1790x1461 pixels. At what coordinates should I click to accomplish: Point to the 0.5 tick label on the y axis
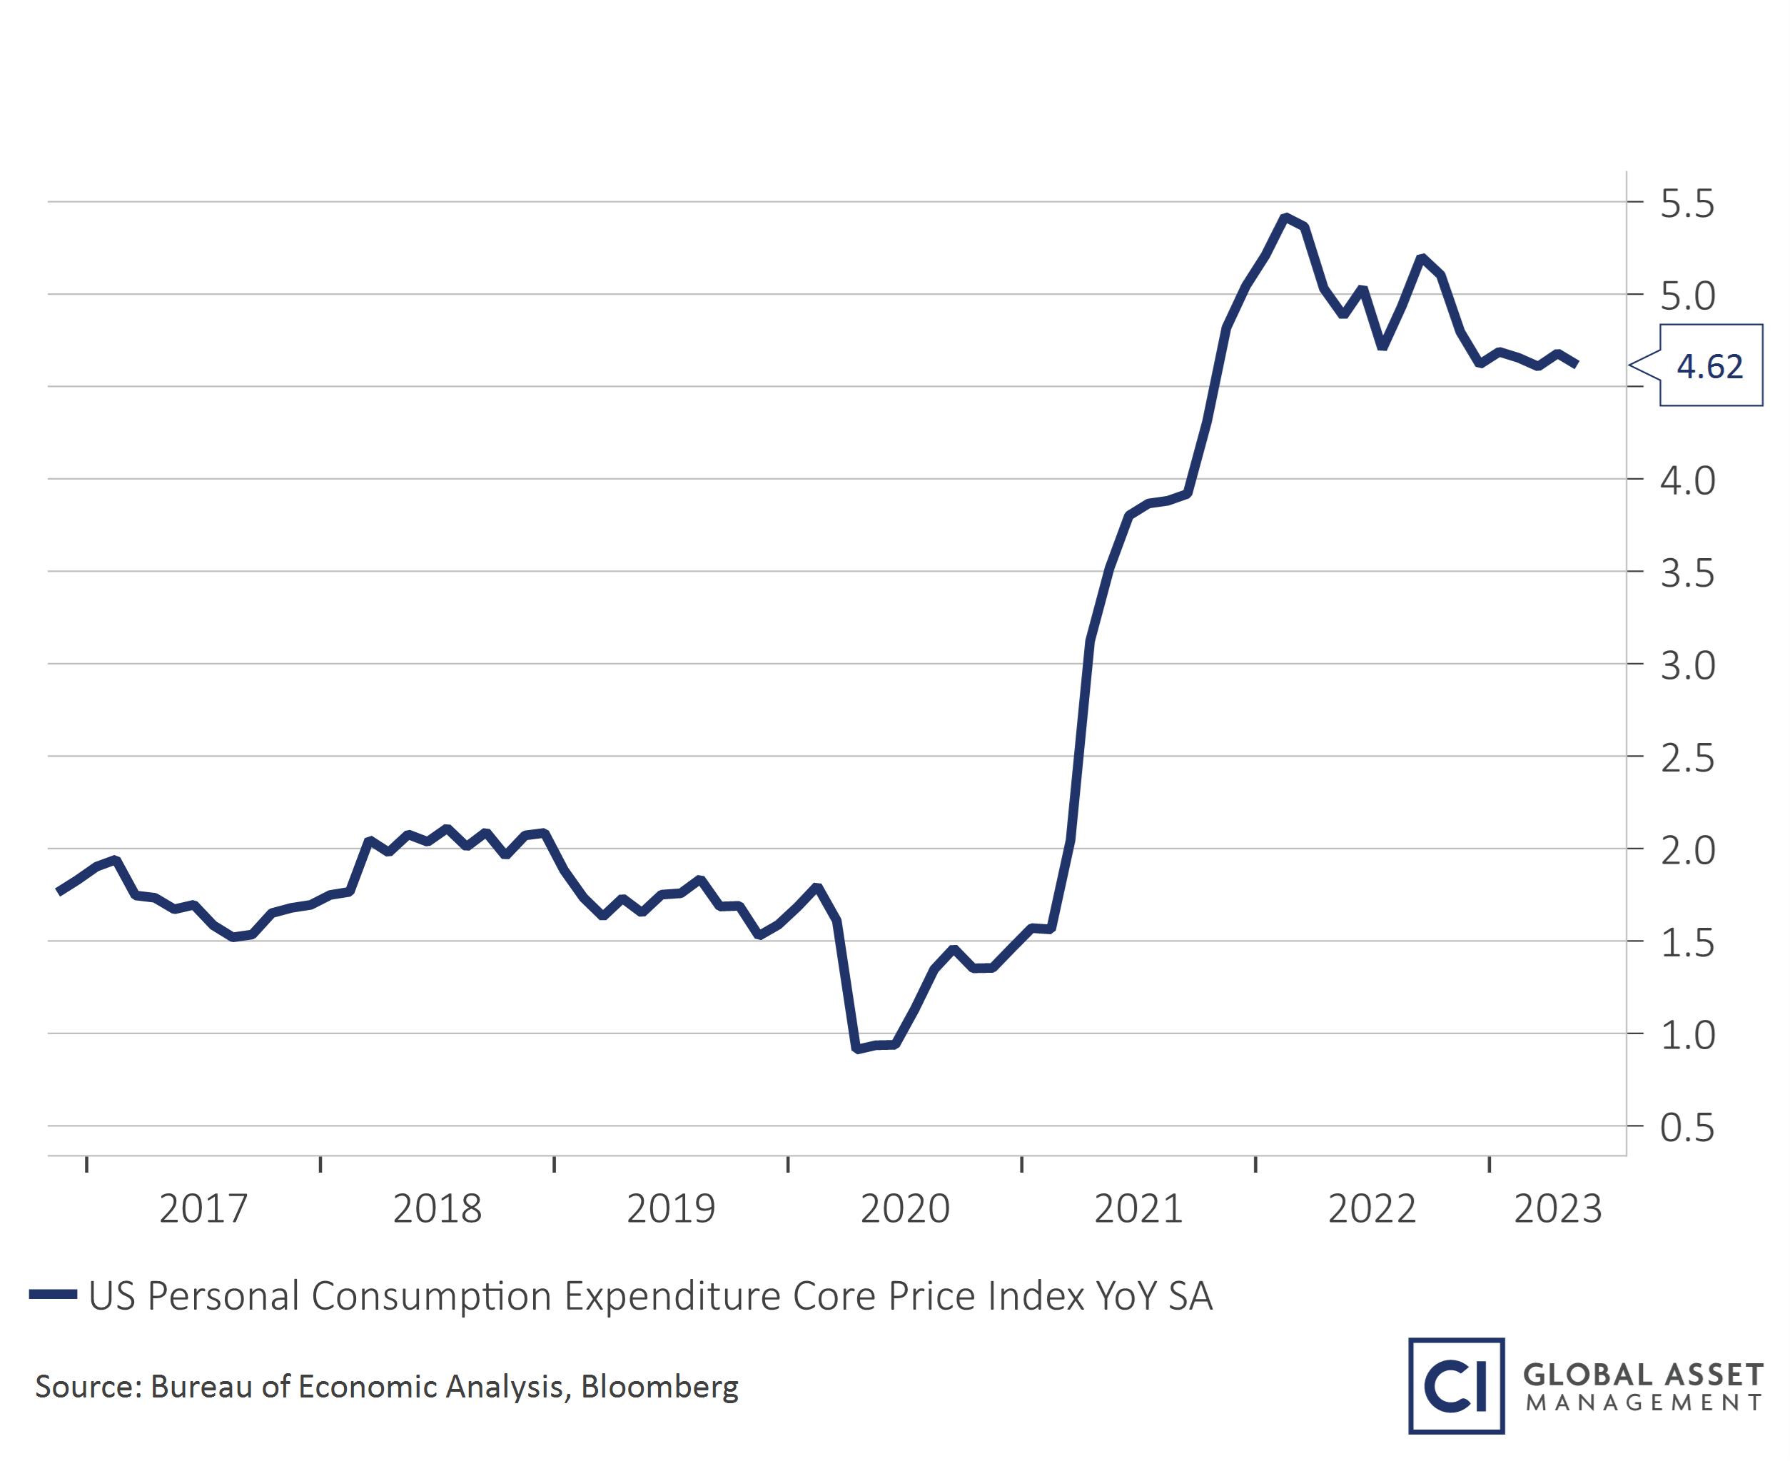1687,1128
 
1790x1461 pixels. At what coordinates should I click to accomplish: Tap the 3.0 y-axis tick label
1687,666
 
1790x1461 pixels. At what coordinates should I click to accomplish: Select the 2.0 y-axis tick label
1687,851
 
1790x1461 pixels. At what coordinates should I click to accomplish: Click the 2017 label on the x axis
203,1209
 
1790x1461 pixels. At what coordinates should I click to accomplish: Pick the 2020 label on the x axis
905,1209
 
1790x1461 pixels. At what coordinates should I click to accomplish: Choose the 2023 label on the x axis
1558,1209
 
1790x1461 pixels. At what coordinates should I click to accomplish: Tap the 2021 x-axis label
1138,1209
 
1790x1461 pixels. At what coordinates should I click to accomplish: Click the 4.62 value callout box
1710,366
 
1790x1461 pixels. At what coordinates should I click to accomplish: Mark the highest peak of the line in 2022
1285,217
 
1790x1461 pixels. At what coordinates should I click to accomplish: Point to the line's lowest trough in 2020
856,1048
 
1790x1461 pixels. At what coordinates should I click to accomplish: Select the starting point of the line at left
57,891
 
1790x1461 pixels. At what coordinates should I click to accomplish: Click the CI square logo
1456,1385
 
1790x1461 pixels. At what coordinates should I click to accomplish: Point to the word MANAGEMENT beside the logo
1643,1403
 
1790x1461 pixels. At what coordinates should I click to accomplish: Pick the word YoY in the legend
1126,1296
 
